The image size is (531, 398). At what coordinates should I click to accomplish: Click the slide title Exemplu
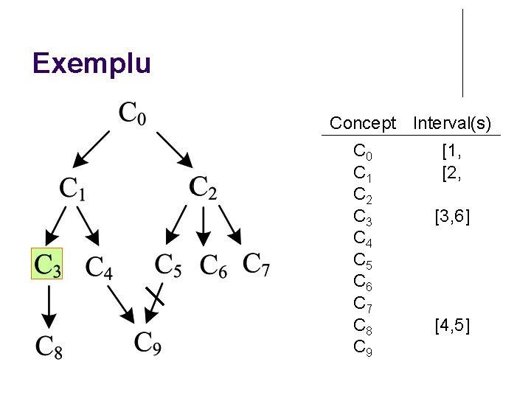pos(91,63)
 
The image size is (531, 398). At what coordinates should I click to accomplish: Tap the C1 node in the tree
pos(72,189)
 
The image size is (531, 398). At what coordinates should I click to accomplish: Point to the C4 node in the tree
pos(99,267)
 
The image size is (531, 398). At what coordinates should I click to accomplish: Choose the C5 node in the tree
pos(168,265)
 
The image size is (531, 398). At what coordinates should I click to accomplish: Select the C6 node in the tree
pos(213,265)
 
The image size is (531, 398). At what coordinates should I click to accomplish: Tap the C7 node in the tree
pos(256,264)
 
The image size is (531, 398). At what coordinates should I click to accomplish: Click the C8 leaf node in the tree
pos(49,346)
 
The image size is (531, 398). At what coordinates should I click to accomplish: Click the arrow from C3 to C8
pos(48,307)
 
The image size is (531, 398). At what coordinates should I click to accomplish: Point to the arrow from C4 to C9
pos(121,303)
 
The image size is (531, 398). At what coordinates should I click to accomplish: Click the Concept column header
pos(363,123)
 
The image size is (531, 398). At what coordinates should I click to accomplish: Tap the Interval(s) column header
pos(452,123)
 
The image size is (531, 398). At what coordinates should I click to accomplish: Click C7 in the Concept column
pos(363,303)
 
